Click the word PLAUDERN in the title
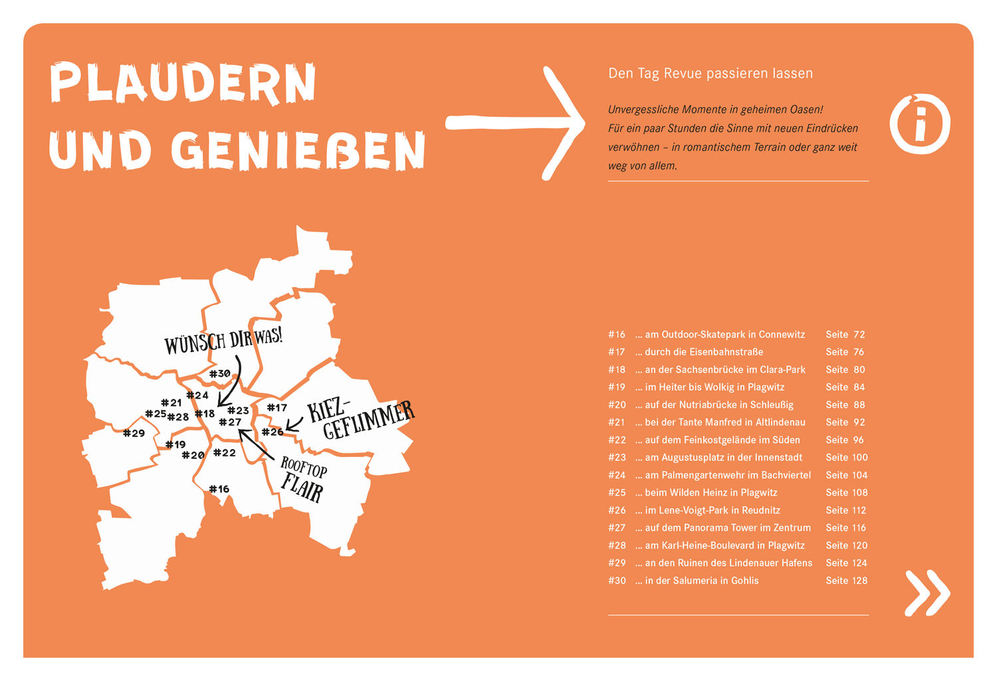183,83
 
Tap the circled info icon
920,124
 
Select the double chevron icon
927,592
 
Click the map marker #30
219,374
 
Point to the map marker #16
219,490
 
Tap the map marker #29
134,433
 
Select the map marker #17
277,408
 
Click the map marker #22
224,453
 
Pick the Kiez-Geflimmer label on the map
359,419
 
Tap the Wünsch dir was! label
223,341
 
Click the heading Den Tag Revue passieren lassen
710,74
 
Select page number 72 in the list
858,334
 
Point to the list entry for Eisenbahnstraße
703,352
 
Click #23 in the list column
616,458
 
